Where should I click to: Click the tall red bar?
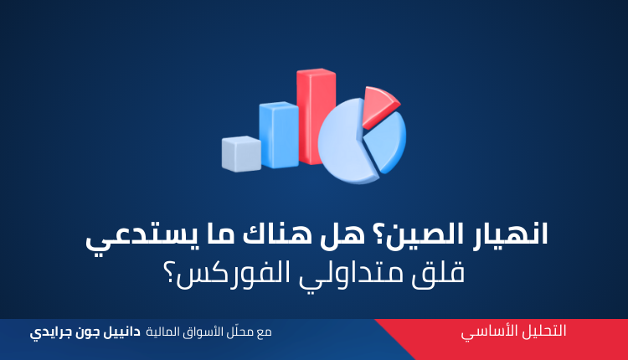coord(316,116)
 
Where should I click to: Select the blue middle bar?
coord(279,135)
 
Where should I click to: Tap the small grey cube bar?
coord(241,154)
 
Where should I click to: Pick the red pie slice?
coord(378,106)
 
